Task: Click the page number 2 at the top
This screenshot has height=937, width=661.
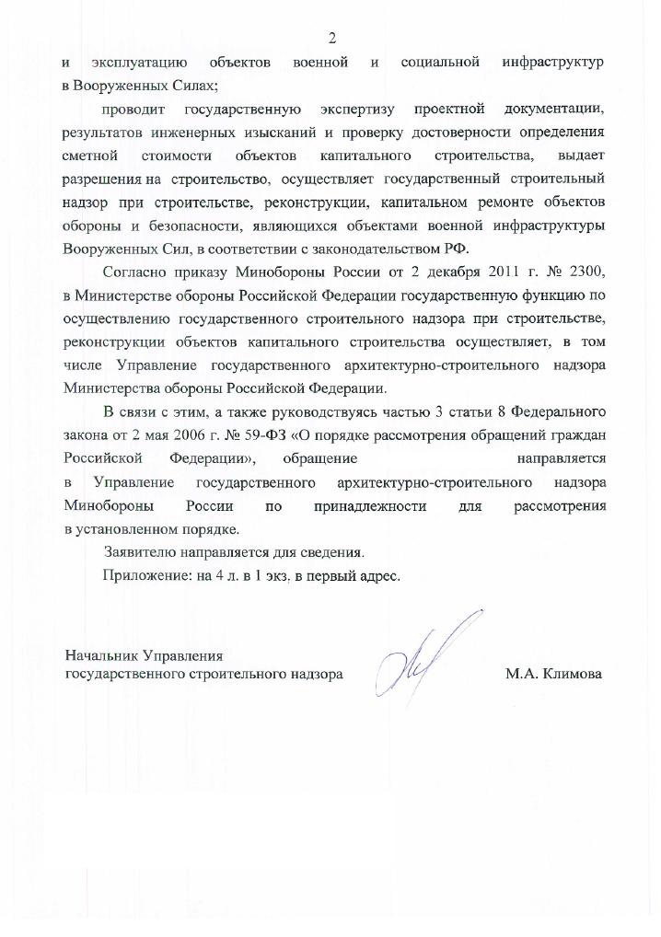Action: pos(331,38)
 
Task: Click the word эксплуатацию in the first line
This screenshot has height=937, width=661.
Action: pos(139,63)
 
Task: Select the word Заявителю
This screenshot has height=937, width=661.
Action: pos(146,553)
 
